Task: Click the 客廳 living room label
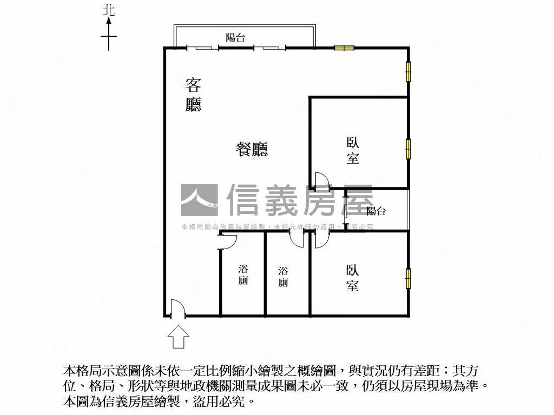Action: (193, 95)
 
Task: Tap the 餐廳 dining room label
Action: (252, 149)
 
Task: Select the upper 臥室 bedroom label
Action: (353, 151)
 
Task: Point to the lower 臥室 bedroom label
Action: (353, 278)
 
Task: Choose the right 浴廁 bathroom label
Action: (283, 276)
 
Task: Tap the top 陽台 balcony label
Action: (235, 38)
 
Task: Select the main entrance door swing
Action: (177, 309)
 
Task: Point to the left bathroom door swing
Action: (227, 241)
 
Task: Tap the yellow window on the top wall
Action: (344, 48)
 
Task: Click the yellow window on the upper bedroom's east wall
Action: (408, 149)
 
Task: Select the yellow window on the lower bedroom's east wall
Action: (408, 278)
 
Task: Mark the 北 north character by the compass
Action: (109, 10)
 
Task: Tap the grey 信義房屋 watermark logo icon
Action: (199, 200)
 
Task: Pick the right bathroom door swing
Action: (297, 239)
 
